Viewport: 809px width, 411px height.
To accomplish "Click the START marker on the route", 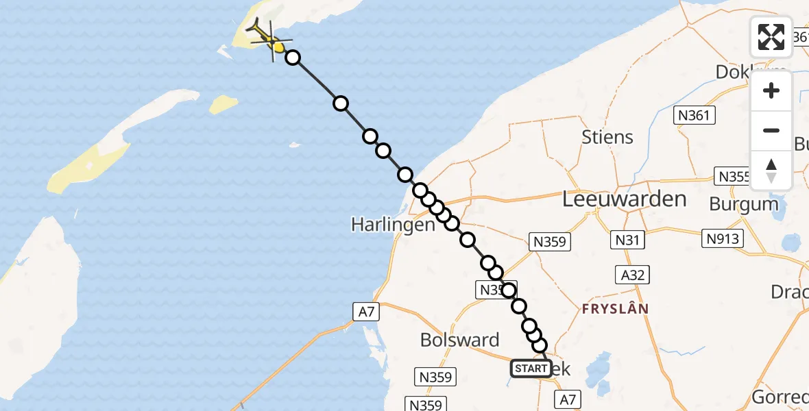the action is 531,369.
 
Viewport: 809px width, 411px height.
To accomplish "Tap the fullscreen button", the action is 771,37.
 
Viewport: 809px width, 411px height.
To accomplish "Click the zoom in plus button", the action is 771,90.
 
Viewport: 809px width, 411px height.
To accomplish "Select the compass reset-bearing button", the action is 771,171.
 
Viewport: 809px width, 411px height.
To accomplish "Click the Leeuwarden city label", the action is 624,199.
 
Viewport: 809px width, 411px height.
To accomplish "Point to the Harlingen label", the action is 393,224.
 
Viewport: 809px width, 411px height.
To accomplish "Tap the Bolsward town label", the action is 459,340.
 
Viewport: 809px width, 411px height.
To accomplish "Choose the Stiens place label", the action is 607,137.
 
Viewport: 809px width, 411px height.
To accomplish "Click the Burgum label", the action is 744,204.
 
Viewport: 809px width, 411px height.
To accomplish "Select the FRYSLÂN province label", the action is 615,309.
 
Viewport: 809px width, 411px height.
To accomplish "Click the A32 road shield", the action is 631,275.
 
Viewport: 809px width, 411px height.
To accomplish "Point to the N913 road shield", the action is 723,238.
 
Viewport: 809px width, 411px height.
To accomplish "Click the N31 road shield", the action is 627,240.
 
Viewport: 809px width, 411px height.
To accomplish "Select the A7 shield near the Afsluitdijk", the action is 367,312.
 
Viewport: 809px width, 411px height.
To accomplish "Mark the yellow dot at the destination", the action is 278,47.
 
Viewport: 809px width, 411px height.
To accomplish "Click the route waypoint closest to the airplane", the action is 293,58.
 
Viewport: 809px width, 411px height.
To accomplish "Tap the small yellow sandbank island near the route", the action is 224,104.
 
